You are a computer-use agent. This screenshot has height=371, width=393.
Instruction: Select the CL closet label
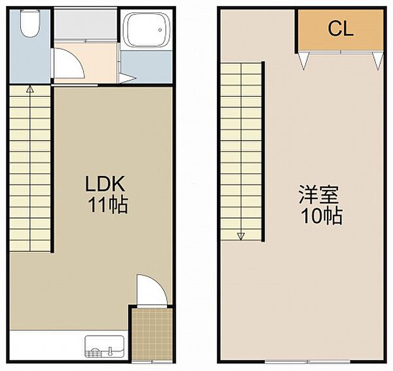click(x=341, y=28)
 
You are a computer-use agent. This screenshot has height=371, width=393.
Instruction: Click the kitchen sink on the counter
click(x=103, y=346)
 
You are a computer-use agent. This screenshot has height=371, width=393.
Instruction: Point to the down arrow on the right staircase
click(x=241, y=236)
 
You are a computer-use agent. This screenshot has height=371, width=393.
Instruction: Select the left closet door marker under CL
click(x=304, y=61)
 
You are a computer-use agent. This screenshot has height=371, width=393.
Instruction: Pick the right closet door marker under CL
click(x=377, y=61)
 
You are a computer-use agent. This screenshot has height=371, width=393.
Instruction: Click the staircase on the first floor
click(x=30, y=170)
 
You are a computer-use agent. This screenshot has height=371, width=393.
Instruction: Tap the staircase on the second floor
click(x=242, y=150)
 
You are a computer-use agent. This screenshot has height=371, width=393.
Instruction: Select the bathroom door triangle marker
click(x=127, y=80)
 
